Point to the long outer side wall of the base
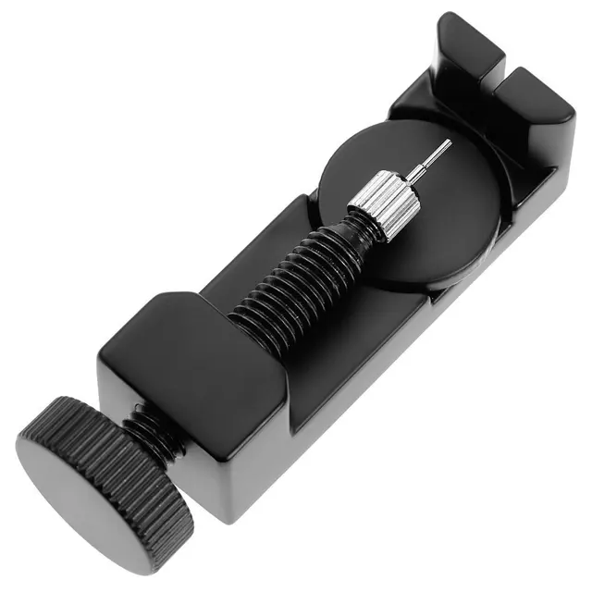(388, 370)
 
